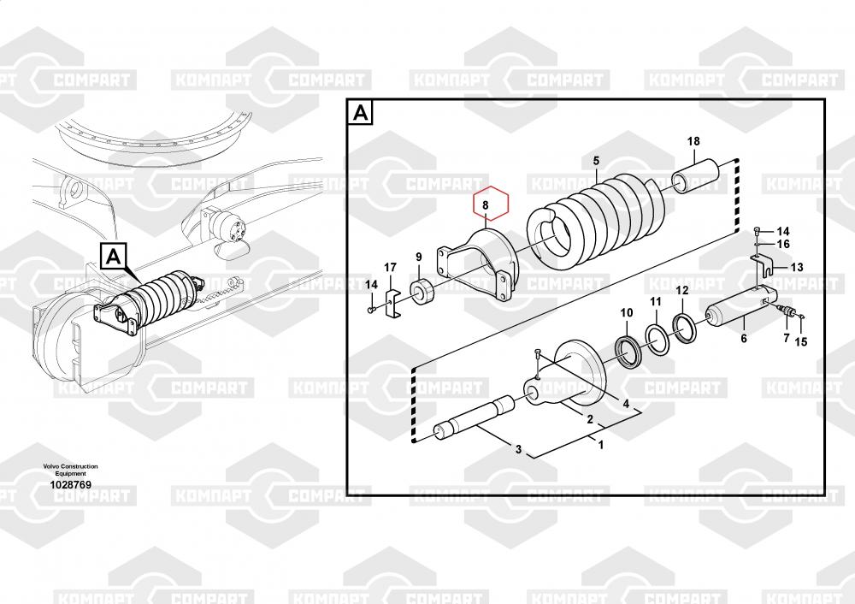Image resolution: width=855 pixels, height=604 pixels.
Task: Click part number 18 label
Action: point(693,141)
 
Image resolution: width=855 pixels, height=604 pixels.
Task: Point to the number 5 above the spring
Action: point(597,160)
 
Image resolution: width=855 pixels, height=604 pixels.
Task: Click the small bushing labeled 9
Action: point(425,291)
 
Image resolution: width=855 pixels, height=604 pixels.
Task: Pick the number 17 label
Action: point(391,268)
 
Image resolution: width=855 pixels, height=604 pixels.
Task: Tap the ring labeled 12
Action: point(686,326)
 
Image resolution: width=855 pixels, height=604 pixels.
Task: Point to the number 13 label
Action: point(797,267)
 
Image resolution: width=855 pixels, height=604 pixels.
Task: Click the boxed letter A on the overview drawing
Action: point(115,255)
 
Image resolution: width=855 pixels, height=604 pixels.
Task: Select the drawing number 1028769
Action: point(71,484)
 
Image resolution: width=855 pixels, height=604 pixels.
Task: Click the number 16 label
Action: point(783,245)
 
